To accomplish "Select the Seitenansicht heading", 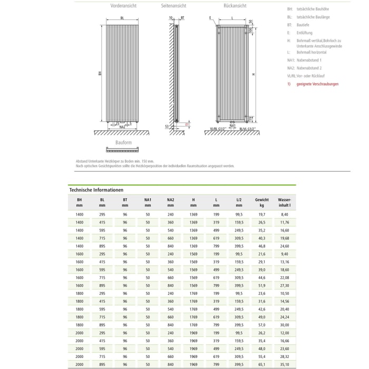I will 173,6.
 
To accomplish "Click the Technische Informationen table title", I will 96,190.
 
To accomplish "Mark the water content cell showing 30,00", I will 285,325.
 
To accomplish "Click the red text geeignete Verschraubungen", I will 318,84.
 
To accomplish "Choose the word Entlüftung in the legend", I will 305,33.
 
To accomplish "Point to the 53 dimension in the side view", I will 167,127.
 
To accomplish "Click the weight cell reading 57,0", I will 261,325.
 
